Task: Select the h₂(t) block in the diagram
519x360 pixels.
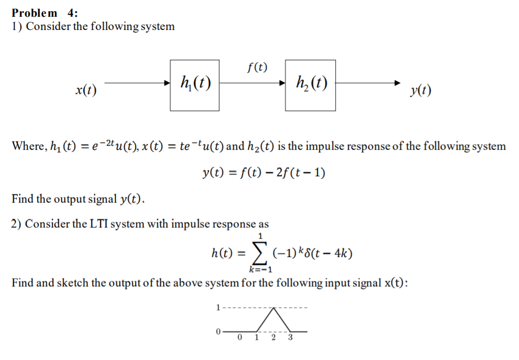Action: tap(310, 85)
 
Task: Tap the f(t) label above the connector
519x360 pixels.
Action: tap(256, 67)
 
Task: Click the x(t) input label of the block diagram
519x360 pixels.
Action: tap(86, 91)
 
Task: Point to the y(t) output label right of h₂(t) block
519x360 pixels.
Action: tap(421, 91)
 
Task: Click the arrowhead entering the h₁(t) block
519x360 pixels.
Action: tap(167, 83)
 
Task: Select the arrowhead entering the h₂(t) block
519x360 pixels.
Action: tap(281, 83)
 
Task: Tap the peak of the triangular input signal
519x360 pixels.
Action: tap(274, 308)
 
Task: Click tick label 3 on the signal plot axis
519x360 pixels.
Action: tap(290, 338)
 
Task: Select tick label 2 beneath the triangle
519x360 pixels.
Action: tap(273, 338)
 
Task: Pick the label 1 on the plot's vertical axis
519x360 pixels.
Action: tap(218, 307)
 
